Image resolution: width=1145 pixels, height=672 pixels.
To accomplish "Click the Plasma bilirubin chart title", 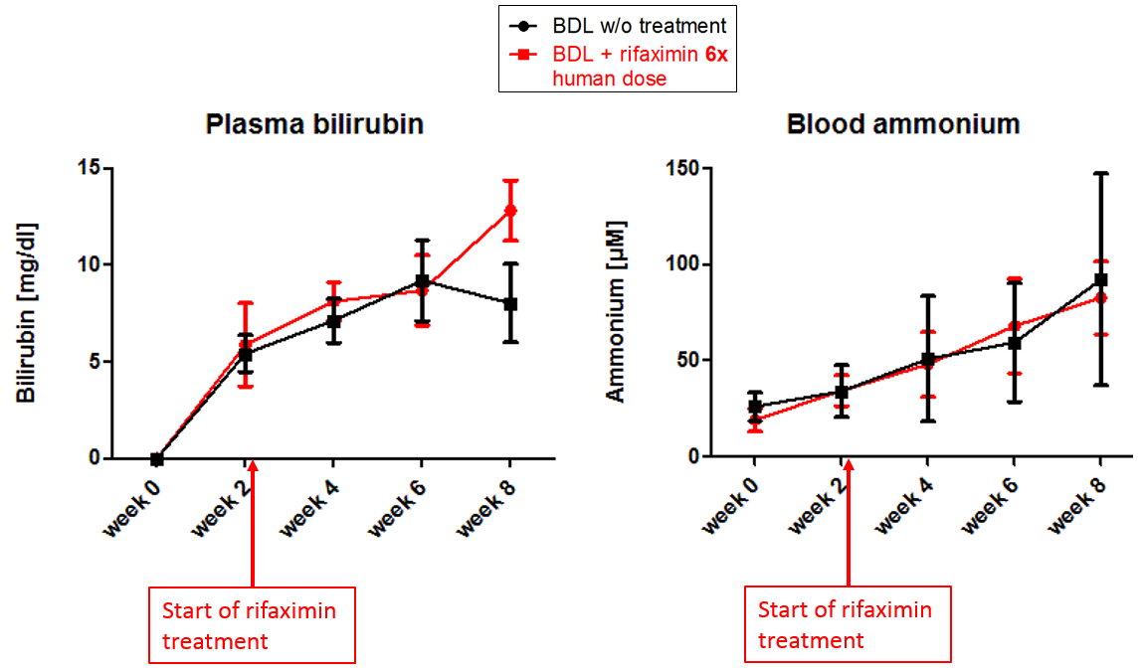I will pyautogui.click(x=314, y=124).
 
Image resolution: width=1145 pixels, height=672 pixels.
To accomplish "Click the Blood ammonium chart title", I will pyautogui.click(x=903, y=124).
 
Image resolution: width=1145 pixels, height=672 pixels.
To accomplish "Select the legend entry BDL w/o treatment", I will pyautogui.click(x=627, y=25).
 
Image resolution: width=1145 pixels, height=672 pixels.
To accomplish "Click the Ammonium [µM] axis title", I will pyautogui.click(x=617, y=311).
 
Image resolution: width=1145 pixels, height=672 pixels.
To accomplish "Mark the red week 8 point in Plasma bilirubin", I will pyautogui.click(x=510, y=210).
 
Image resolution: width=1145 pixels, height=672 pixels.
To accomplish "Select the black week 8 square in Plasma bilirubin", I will pyautogui.click(x=510, y=303).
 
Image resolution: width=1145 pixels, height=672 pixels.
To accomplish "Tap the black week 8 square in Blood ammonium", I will pyautogui.click(x=1100, y=280).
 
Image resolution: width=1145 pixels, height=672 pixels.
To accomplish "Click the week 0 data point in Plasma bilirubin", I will pyautogui.click(x=156, y=459).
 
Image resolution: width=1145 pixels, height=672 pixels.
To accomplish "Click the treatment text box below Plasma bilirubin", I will pyautogui.click(x=252, y=625).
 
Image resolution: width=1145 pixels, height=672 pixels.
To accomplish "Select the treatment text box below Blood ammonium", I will pyautogui.click(x=848, y=623).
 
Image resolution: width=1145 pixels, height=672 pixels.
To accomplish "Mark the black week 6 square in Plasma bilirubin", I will pyautogui.click(x=422, y=282).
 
